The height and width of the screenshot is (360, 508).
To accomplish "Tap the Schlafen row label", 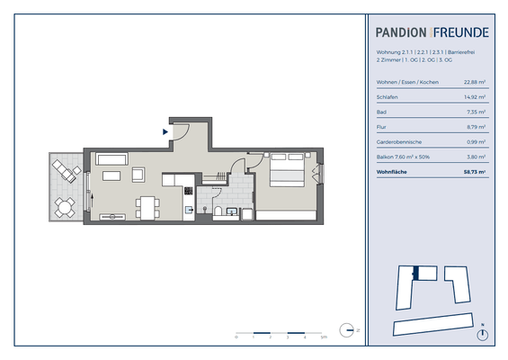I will pyautogui.click(x=388, y=97).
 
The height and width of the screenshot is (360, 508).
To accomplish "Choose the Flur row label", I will pyautogui.click(x=381, y=127).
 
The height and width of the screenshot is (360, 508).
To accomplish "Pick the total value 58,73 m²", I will pyautogui.click(x=474, y=171).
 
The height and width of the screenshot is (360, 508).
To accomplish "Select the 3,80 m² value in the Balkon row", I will pyautogui.click(x=477, y=157).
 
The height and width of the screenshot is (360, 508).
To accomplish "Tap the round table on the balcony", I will pyautogui.click(x=64, y=206).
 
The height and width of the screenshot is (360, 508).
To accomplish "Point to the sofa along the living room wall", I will pyautogui.click(x=112, y=159).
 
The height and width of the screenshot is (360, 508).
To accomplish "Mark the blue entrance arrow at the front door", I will pyautogui.click(x=165, y=131).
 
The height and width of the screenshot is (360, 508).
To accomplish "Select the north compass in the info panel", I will pyautogui.click(x=484, y=335).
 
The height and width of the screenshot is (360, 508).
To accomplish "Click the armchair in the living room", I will pyautogui.click(x=140, y=175).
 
